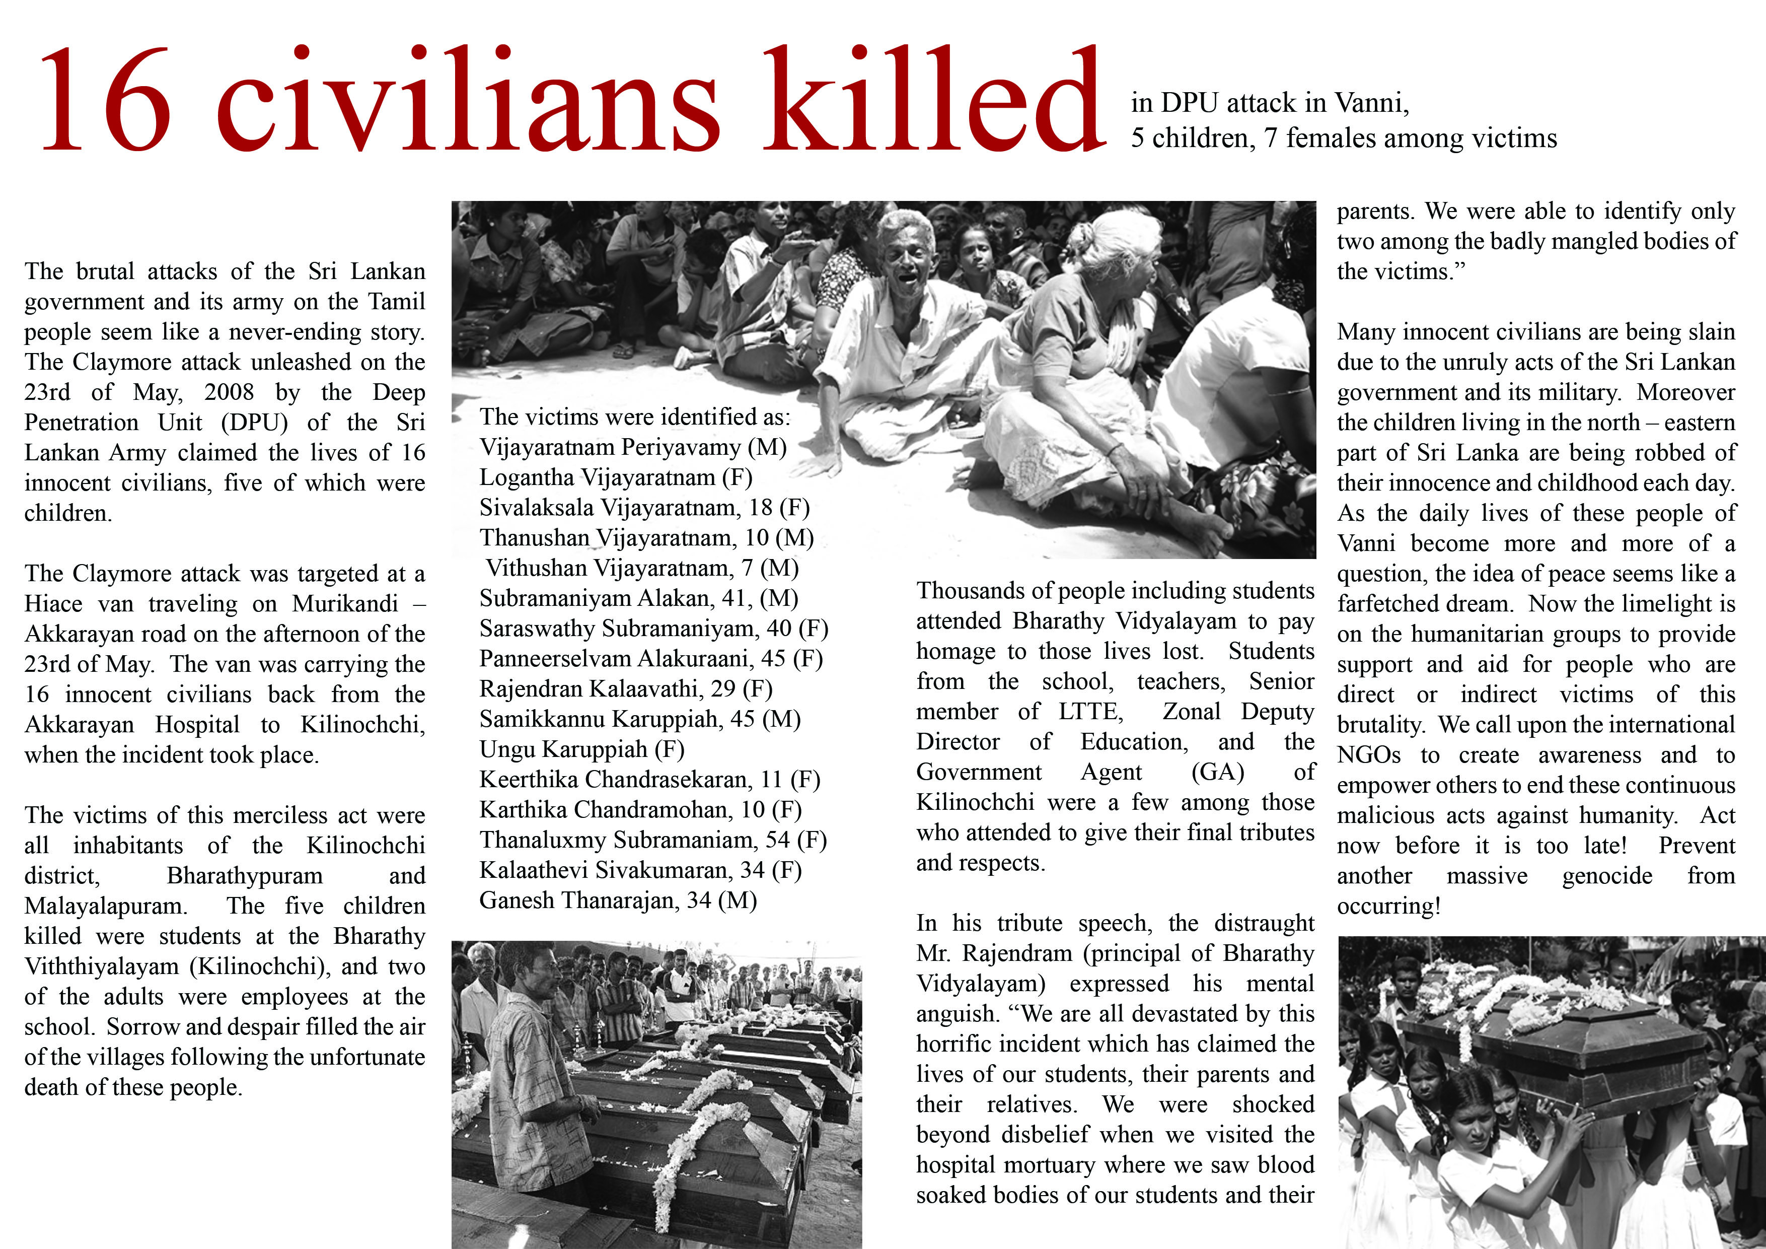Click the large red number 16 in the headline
[x=105, y=100]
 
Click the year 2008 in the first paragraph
[x=229, y=392]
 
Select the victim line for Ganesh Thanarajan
[x=618, y=900]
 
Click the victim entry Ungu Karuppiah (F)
[x=581, y=749]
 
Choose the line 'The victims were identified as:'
[x=634, y=417]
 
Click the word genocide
[x=1607, y=876]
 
